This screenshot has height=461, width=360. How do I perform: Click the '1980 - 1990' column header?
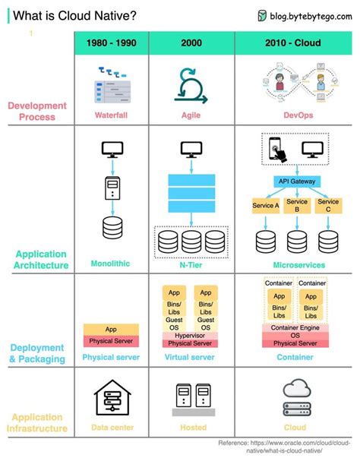(x=112, y=43)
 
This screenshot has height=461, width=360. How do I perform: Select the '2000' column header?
(x=191, y=43)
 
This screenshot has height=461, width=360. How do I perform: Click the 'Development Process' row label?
(x=37, y=111)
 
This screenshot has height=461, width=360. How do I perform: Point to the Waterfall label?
(x=112, y=115)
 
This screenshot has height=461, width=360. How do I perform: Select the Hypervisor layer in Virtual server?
(x=191, y=334)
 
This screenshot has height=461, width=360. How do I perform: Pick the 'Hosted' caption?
(x=193, y=428)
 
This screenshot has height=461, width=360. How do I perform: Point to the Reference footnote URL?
(x=286, y=447)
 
